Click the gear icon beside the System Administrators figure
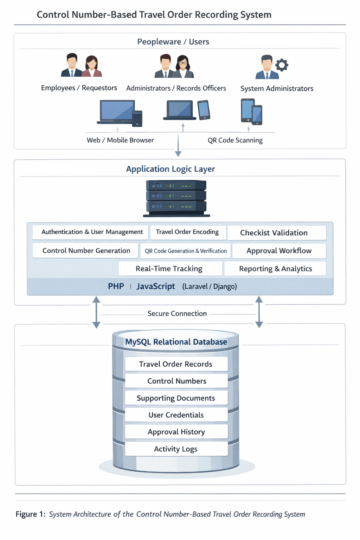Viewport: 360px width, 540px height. pyautogui.click(x=282, y=65)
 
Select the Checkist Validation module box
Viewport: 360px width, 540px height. pyautogui.click(x=277, y=233)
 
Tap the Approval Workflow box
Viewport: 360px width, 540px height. pyautogui.click(x=279, y=251)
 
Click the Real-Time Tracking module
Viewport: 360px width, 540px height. pyautogui.click(x=171, y=269)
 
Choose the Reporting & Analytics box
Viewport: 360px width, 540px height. pyautogui.click(x=275, y=269)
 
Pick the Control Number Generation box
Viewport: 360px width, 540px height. pyautogui.click(x=85, y=251)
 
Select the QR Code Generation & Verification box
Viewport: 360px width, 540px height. pyautogui.click(x=186, y=251)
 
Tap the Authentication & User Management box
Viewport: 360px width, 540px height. pyautogui.click(x=90, y=232)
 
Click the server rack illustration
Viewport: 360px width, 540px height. pyautogui.click(x=176, y=198)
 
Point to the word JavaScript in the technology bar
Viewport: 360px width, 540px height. pyautogui.click(x=156, y=287)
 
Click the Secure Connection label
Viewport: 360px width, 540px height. pyautogui.click(x=177, y=314)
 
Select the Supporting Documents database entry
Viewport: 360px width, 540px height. pyautogui.click(x=176, y=398)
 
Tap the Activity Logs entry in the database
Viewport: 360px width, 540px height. pyautogui.click(x=176, y=449)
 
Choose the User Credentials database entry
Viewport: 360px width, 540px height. pyautogui.click(x=176, y=415)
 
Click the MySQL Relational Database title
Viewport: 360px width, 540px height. pyautogui.click(x=176, y=342)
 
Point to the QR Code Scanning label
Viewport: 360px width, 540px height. pyautogui.click(x=235, y=140)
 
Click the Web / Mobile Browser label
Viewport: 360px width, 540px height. pyautogui.click(x=120, y=140)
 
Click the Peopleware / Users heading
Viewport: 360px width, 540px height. pyautogui.click(x=173, y=42)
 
